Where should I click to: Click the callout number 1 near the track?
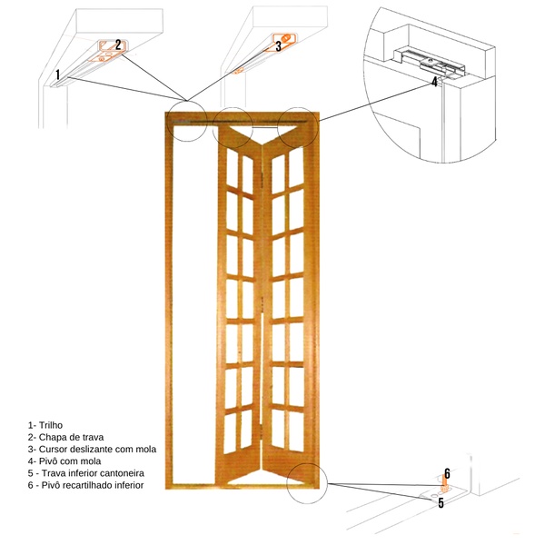click(x=57, y=74)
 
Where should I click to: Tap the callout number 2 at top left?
click(x=118, y=44)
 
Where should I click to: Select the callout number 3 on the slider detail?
click(x=278, y=47)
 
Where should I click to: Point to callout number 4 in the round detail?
click(x=434, y=81)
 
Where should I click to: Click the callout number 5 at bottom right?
click(x=441, y=501)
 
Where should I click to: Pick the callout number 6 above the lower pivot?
click(x=447, y=473)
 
